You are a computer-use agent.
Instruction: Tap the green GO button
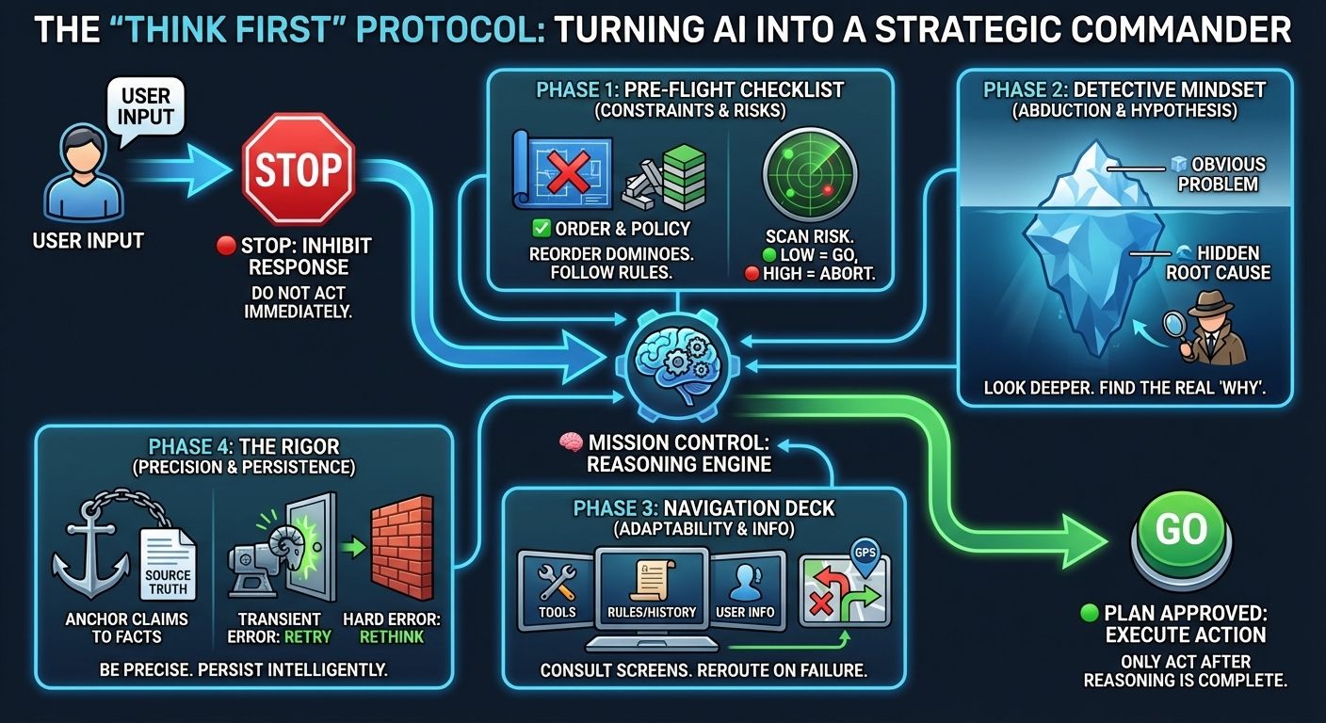(1181, 531)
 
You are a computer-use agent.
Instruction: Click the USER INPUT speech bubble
(146, 106)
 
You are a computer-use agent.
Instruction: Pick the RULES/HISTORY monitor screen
(652, 585)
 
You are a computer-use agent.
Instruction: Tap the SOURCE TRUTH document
(167, 565)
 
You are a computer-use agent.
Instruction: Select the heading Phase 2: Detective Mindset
(1124, 90)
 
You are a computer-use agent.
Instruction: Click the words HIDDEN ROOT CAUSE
(1218, 263)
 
